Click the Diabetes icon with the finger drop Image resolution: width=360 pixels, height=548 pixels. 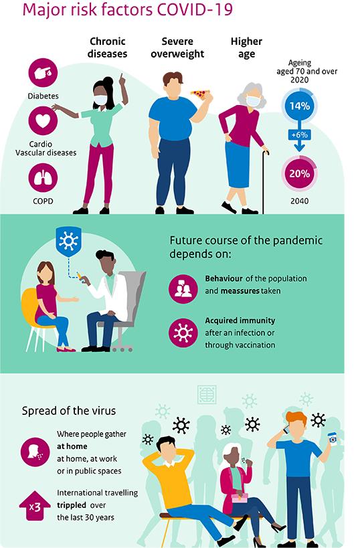point(43,73)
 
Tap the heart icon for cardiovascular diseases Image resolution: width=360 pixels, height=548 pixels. point(43,121)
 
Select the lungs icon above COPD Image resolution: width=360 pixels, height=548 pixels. point(43,177)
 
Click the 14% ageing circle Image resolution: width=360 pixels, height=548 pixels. point(300,106)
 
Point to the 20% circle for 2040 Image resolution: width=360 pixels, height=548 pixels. point(300,174)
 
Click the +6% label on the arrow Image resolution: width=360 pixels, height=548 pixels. point(300,135)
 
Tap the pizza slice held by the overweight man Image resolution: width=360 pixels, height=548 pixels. point(200,93)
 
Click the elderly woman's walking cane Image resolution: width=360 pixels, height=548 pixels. point(264,182)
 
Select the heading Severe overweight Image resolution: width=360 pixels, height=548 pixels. point(177,48)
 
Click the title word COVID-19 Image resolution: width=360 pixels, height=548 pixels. point(195,10)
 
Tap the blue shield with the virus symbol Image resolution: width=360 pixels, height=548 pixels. point(68,241)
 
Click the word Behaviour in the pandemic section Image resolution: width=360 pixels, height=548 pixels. point(223,278)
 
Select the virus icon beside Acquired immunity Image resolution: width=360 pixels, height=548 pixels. point(183,333)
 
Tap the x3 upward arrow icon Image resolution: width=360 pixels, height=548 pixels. point(35,506)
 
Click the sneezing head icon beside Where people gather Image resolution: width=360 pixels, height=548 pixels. point(35,452)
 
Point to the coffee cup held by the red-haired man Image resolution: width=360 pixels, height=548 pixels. point(333,439)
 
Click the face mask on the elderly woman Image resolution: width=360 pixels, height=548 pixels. point(253,100)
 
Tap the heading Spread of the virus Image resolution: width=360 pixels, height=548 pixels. point(69,411)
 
